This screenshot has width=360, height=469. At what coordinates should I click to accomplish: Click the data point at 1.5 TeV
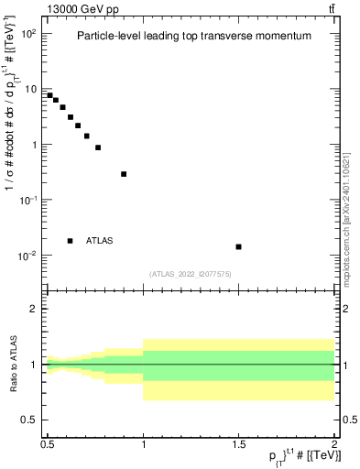[x=238, y=246]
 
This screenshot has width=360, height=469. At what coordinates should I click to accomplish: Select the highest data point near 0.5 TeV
[x=50, y=95]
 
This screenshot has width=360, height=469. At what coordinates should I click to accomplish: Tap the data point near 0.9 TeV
[x=124, y=174]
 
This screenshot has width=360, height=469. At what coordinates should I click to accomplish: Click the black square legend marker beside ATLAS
[x=71, y=241]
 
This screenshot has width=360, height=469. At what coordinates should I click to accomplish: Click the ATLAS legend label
[x=100, y=241]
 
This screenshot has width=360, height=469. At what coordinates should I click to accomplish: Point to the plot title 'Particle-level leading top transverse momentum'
[x=194, y=35]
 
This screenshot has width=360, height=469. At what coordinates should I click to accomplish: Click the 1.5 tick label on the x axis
[x=238, y=444]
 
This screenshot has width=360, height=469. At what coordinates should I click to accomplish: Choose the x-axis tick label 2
[x=333, y=444]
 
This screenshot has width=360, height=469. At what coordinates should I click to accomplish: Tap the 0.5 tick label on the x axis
[x=48, y=444]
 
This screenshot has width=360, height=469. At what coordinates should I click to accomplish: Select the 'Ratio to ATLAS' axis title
[x=13, y=364]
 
